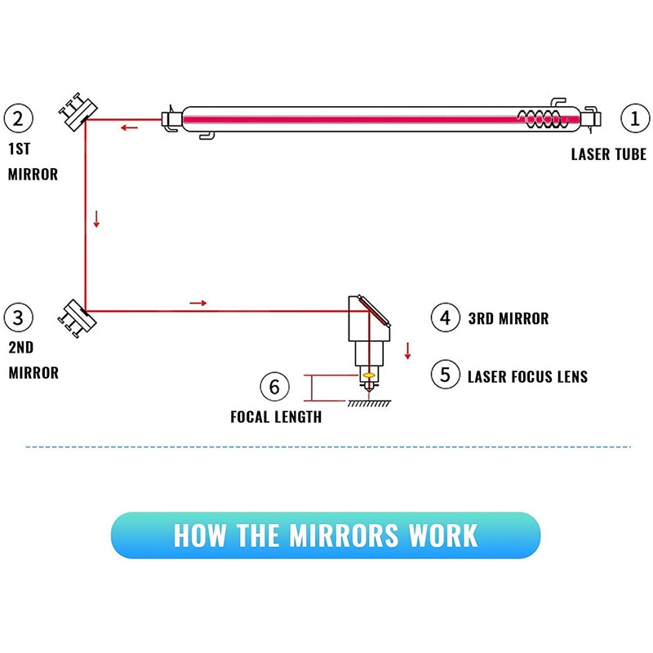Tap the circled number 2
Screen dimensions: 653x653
19,119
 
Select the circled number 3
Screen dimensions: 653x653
19,317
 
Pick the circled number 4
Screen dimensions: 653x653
445,318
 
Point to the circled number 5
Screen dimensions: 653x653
445,375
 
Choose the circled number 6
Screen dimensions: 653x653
274,385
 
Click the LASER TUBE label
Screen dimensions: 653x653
608,154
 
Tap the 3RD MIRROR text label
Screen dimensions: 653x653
508,318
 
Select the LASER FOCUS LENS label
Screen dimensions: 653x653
527,376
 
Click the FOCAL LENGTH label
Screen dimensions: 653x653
276,417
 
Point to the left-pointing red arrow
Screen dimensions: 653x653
129,127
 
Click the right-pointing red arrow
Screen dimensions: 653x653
198,303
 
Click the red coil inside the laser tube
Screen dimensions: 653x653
540,119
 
